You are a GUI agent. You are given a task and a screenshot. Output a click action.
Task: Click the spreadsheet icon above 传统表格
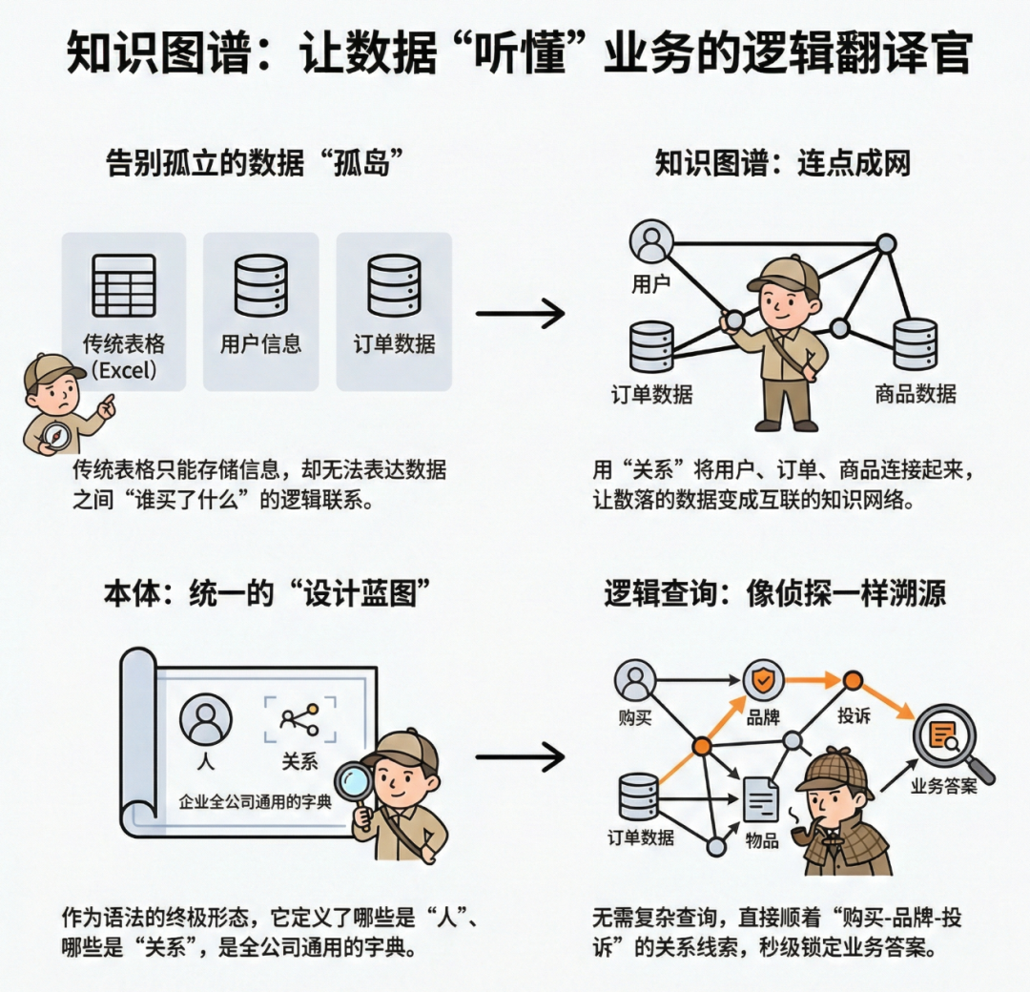[x=124, y=285]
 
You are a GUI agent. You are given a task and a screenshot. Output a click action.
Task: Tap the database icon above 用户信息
[x=260, y=285]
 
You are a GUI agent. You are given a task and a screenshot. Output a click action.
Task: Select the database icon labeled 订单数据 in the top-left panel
[x=394, y=285]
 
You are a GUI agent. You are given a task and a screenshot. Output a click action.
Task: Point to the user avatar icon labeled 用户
[x=652, y=242]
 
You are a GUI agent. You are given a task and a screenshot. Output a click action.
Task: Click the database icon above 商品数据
[x=915, y=344]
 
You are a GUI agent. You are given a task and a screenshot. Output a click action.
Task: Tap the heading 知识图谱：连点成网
[x=782, y=162]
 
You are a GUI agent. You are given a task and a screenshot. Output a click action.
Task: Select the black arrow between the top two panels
[x=521, y=312]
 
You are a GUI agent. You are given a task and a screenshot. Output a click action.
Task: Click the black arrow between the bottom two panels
[x=521, y=758]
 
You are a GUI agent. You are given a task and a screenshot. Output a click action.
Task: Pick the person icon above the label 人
[x=205, y=721]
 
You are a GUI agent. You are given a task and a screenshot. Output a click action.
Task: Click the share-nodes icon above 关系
[x=299, y=721]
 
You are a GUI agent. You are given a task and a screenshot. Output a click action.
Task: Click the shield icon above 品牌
[x=763, y=680]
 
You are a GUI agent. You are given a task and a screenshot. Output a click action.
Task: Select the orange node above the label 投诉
[x=853, y=680]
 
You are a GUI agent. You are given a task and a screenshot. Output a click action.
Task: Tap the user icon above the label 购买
[x=635, y=680]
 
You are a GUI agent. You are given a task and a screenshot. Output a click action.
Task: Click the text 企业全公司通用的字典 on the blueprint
[x=256, y=801]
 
